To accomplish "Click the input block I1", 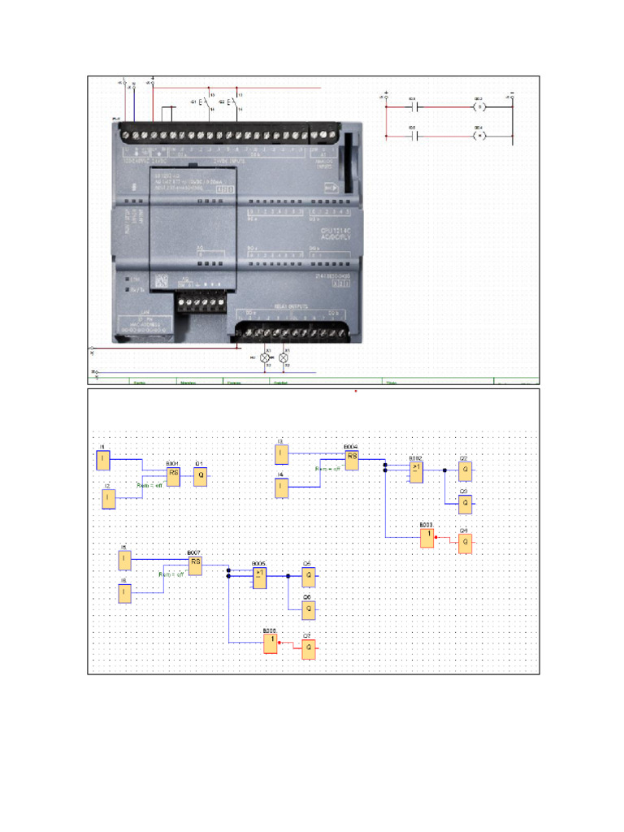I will (103, 460).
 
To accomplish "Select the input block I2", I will (109, 499).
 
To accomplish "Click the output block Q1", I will (201, 476).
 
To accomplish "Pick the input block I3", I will (281, 453).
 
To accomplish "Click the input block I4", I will (281, 487).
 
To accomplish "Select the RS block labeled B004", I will (352, 460).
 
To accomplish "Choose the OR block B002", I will (416, 472).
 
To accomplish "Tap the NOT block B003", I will (427, 538).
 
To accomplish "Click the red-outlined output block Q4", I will (465, 544).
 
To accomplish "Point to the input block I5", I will (124, 561).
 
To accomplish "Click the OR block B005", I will (260, 577).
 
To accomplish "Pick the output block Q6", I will (309, 611).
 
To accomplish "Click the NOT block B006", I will (271, 643).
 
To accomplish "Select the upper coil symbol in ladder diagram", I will (479, 106).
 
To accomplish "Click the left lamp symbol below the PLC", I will (263, 357).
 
